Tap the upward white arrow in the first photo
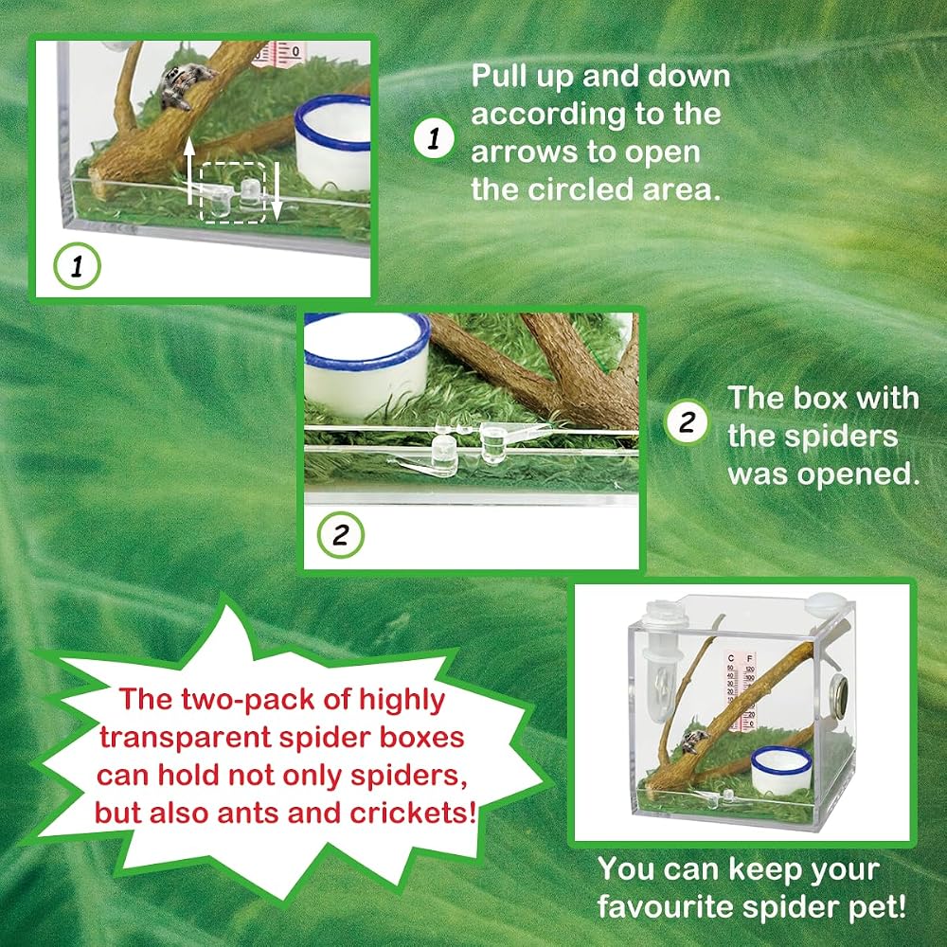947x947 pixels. coord(189,170)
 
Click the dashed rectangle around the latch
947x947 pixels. coord(233,193)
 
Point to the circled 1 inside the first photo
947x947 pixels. coord(77,266)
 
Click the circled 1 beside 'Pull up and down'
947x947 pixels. coord(434,138)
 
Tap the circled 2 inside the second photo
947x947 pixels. coord(341,535)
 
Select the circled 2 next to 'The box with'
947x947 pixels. coord(687,421)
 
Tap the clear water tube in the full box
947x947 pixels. coord(663,665)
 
